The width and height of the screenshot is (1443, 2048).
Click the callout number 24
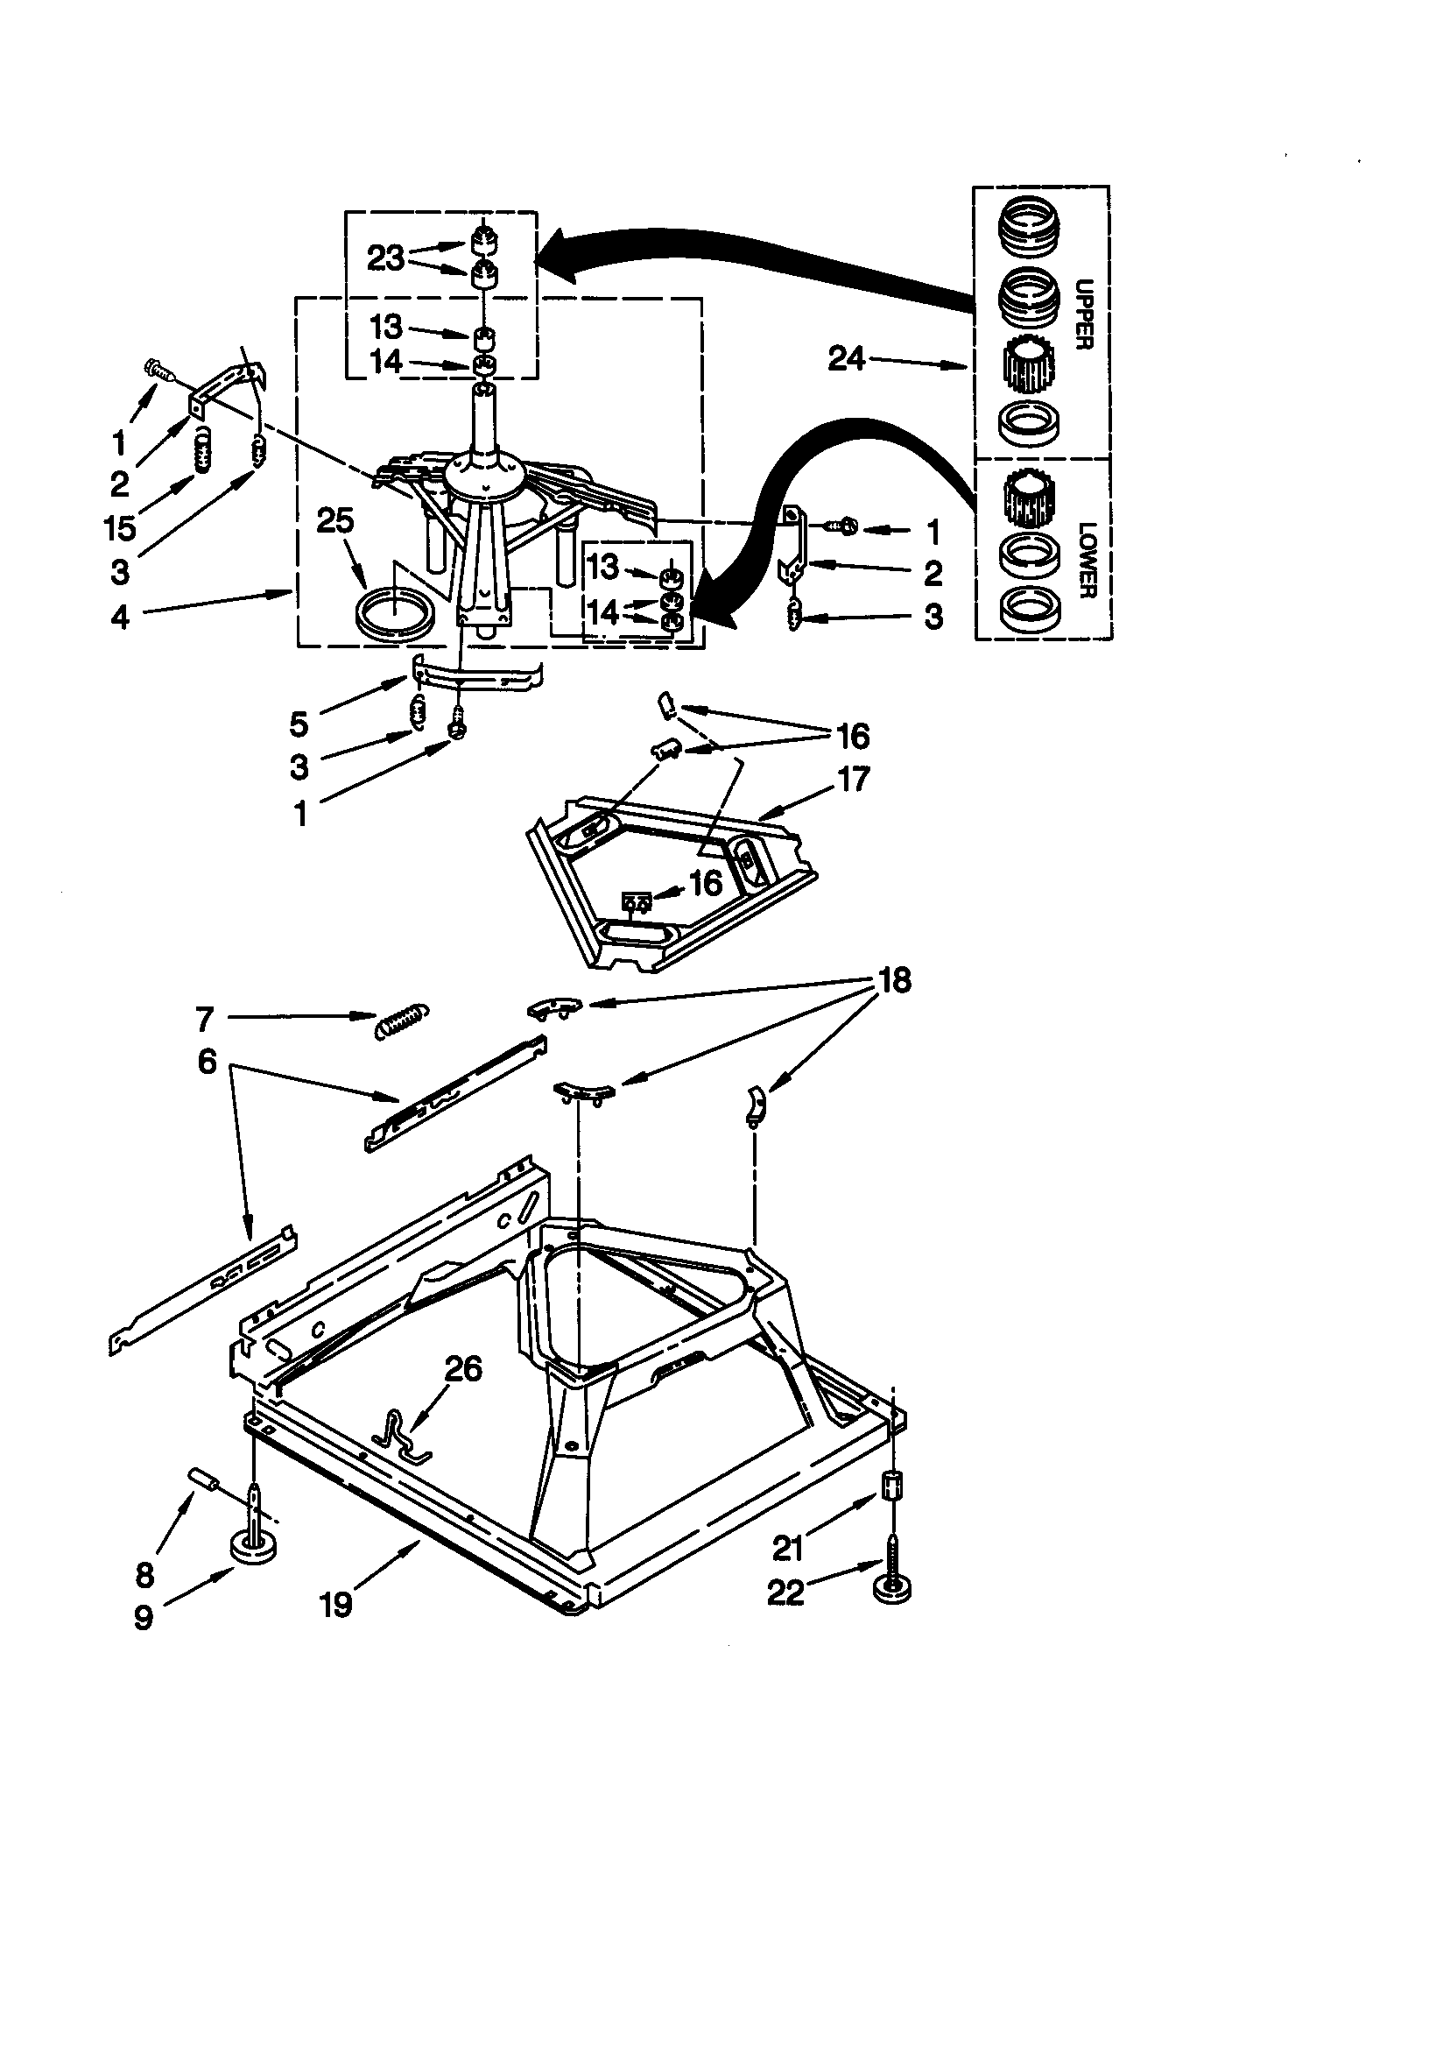point(846,358)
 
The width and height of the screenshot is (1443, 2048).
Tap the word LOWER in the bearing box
point(1085,560)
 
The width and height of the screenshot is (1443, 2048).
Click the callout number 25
point(335,521)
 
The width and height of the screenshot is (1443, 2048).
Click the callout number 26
point(463,1368)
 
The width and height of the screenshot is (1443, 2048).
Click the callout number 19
point(336,1606)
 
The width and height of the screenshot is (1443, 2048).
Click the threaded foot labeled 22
point(893,1591)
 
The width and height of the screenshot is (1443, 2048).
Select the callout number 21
point(787,1550)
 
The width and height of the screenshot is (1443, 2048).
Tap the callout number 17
point(854,780)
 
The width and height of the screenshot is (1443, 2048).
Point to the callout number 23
point(385,258)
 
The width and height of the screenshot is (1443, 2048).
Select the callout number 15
point(119,528)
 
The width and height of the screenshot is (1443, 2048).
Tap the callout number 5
point(299,724)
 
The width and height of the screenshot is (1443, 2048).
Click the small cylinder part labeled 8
point(205,1481)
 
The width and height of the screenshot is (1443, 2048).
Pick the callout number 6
point(207,1062)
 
